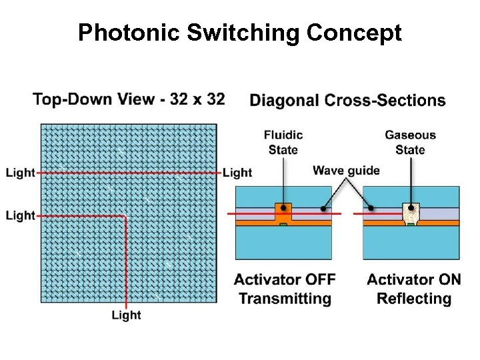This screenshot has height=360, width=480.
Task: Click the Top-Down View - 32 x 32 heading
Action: pyautogui.click(x=129, y=99)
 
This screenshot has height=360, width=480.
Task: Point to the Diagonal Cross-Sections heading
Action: pyautogui.click(x=347, y=101)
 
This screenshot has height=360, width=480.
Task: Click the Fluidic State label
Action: pyautogui.click(x=283, y=142)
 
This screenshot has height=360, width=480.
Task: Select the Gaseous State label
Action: pyautogui.click(x=410, y=142)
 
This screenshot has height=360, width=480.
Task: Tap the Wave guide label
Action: pyautogui.click(x=346, y=171)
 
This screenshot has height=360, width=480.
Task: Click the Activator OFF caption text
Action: pyautogui.click(x=285, y=279)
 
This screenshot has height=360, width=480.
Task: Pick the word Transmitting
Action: pyautogui.click(x=285, y=298)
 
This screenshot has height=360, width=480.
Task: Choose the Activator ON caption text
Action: pyautogui.click(x=413, y=279)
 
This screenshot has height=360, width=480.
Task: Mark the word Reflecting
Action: pyautogui.click(x=413, y=298)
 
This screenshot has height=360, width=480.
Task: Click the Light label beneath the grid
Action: pyautogui.click(x=126, y=315)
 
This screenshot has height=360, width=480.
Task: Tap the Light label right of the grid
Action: pyautogui.click(x=237, y=173)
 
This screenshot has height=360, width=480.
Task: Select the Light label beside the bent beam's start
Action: pyautogui.click(x=20, y=215)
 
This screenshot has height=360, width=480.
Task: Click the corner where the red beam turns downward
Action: pyautogui.click(x=125, y=216)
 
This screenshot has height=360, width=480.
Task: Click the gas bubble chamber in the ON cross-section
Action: pyautogui.click(x=411, y=213)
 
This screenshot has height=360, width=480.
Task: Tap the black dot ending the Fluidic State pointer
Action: pyautogui.click(x=284, y=207)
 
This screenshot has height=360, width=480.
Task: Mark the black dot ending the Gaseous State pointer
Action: pyautogui.click(x=411, y=207)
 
